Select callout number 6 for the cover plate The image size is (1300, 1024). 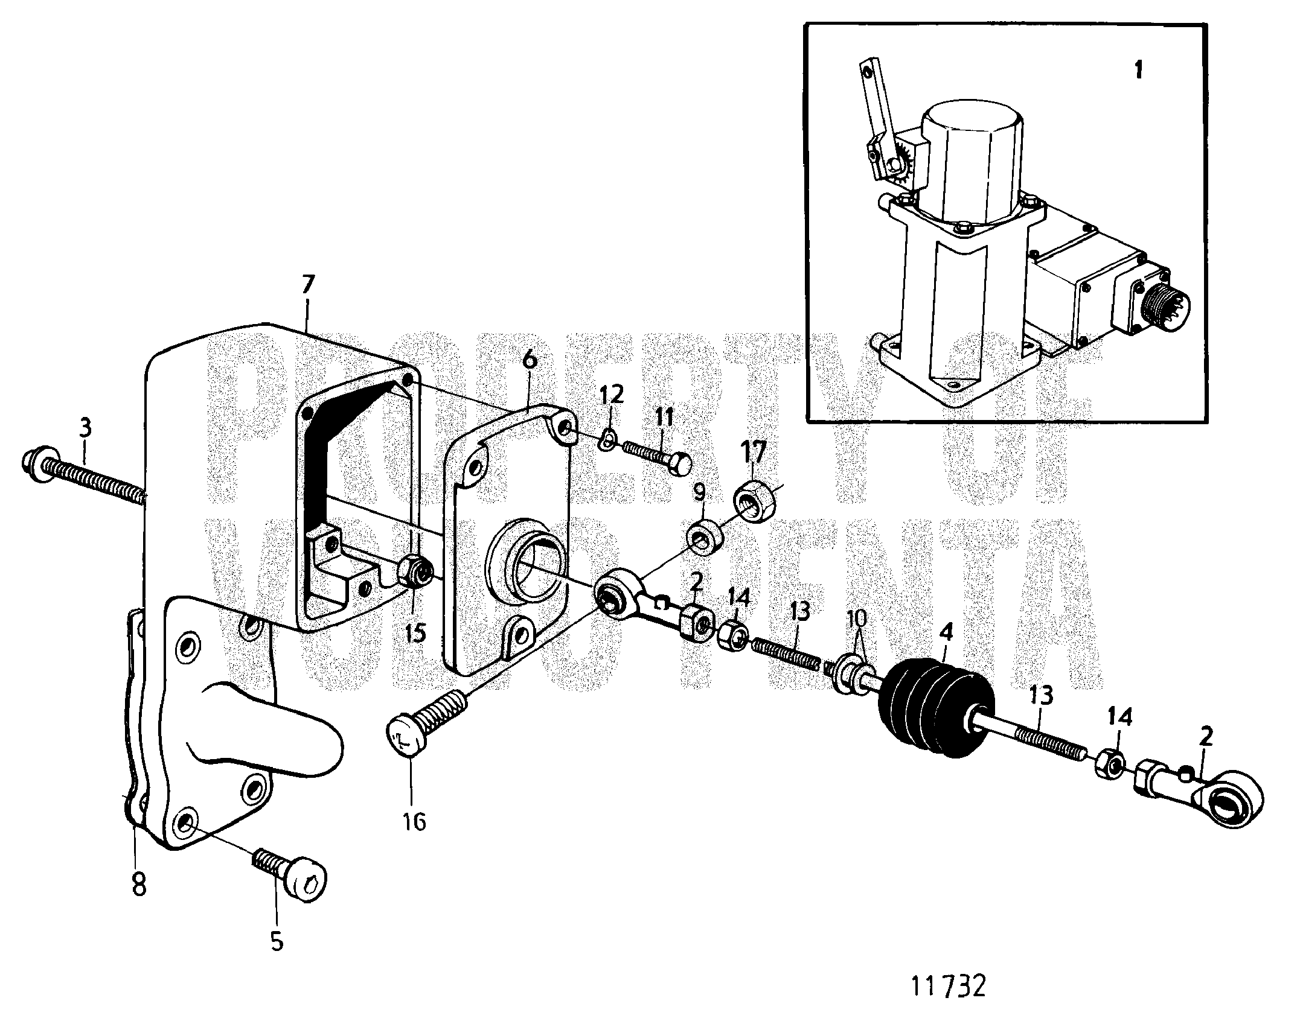[529, 360]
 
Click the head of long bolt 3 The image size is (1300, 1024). [36, 463]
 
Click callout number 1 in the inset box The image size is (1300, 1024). [1138, 71]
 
